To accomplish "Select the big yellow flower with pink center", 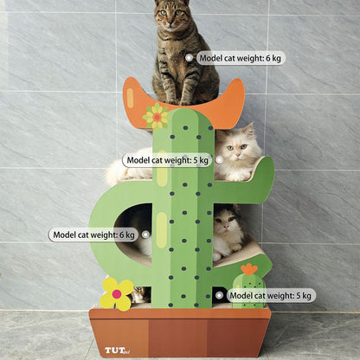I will click(117, 293).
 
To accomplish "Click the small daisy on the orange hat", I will click(157, 114).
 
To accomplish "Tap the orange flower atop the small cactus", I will click(249, 270).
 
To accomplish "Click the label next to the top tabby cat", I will click(240, 58).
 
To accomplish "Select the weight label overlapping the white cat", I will click(167, 160).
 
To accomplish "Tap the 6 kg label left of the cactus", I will click(93, 235).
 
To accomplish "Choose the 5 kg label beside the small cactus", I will click(271, 295).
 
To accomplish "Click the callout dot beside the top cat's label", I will click(189, 58).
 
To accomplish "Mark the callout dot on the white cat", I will click(219, 159).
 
